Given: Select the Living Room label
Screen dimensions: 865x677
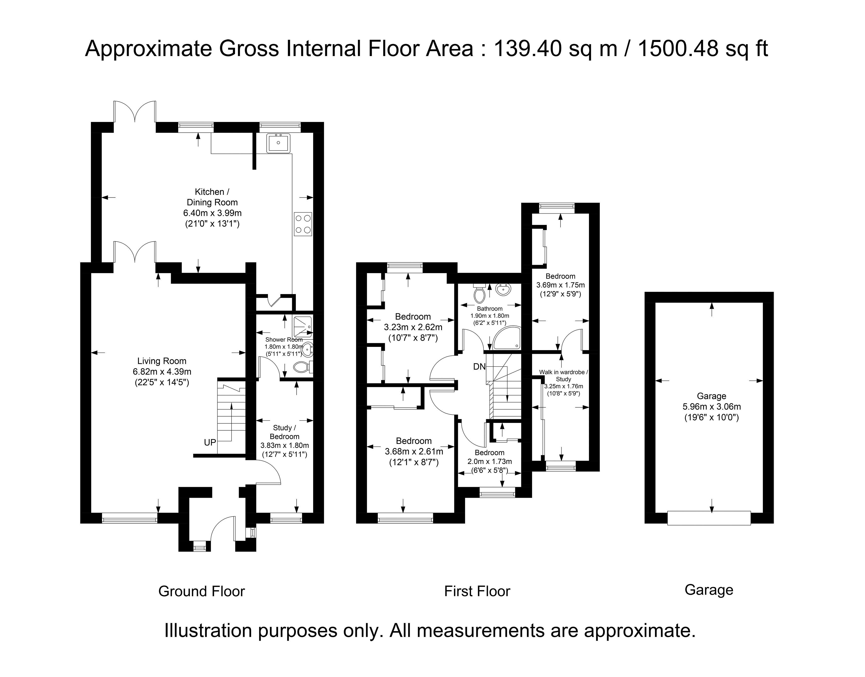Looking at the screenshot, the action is [161, 361].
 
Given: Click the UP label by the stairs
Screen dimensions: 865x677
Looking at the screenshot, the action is [210, 442].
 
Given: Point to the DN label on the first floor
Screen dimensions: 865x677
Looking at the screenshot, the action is [479, 367].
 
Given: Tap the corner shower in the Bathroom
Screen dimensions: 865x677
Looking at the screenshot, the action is [507, 338].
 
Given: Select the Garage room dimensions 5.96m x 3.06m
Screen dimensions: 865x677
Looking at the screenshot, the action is [712, 406].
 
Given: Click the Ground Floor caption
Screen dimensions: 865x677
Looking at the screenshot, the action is [202, 591].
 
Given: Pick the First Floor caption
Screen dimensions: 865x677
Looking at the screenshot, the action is [477, 591].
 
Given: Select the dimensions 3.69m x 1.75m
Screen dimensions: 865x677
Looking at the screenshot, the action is [560, 285].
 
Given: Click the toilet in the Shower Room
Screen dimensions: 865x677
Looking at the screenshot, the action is [303, 367].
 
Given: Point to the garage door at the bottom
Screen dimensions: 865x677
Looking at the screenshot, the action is [709, 518].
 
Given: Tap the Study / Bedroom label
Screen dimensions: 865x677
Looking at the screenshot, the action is [284, 432].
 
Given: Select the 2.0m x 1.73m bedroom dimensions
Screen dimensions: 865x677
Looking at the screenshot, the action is [489, 461].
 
